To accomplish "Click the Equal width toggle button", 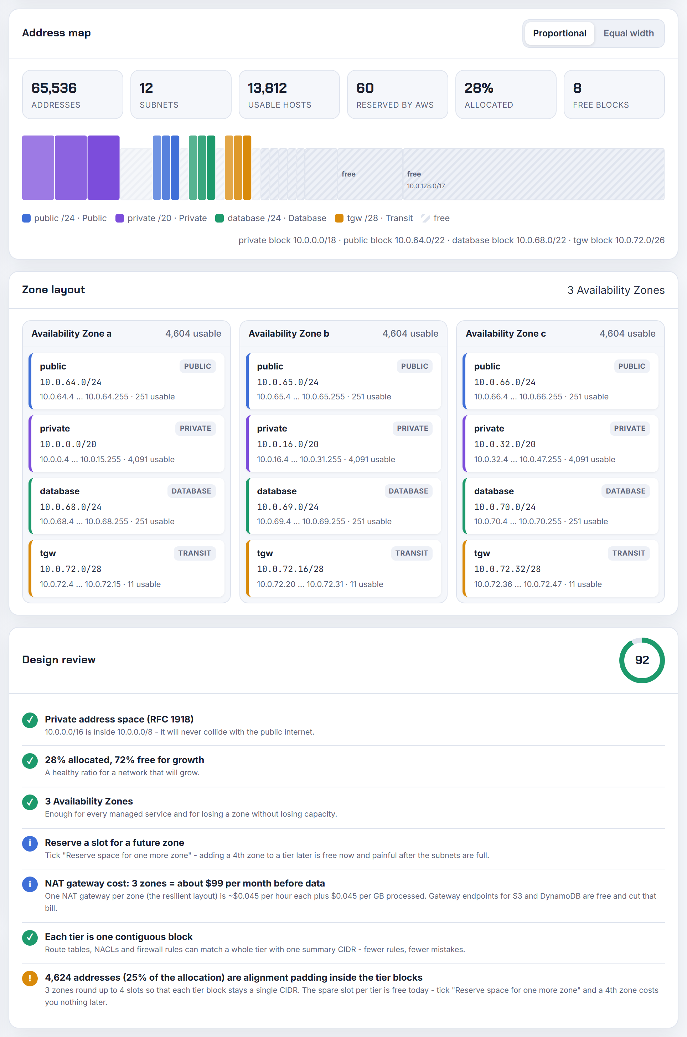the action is [628, 33].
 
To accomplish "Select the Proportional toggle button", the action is [559, 33].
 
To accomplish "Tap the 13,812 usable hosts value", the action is [267, 88].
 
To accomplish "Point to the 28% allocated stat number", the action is [479, 88].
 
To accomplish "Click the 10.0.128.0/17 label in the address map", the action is [426, 186].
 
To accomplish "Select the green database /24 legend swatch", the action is [219, 218].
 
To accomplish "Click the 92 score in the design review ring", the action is [642, 660].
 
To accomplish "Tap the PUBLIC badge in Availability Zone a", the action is [197, 366].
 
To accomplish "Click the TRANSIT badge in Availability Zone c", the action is [629, 553].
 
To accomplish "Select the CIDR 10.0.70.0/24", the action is [505, 507].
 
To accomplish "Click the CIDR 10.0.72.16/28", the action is [290, 569].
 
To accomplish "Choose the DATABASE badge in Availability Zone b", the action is [408, 491].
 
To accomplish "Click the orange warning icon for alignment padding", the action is [30, 978].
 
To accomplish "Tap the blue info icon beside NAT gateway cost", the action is [30, 884].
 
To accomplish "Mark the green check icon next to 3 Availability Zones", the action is [30, 802].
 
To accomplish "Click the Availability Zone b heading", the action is [289, 334].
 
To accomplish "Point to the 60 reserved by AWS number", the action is [365, 88].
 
